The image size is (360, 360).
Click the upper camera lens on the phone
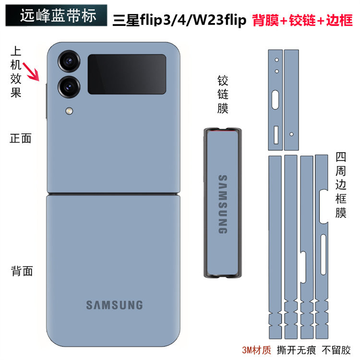(69, 62)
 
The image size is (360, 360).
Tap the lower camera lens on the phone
(69, 86)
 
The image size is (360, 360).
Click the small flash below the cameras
(70, 111)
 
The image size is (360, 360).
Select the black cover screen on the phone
(127, 74)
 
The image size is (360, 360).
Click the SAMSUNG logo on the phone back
(114, 305)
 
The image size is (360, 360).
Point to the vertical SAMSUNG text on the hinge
(223, 204)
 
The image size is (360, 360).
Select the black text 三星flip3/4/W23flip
(179, 21)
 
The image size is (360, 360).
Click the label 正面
(21, 139)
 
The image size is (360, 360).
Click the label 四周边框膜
(341, 185)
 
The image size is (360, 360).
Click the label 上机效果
(16, 72)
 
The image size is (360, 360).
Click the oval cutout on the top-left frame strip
(276, 100)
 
